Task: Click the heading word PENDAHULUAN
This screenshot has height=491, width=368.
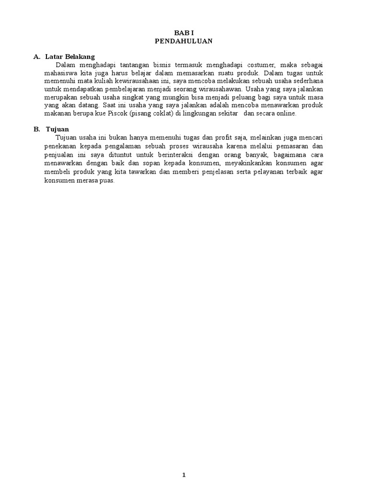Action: click(x=184, y=41)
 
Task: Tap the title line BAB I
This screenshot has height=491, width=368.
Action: click(x=184, y=33)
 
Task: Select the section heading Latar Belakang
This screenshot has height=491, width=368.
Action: click(x=70, y=57)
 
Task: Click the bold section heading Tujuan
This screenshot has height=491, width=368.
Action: click(x=58, y=129)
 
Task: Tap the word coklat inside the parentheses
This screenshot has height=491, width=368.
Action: click(x=159, y=114)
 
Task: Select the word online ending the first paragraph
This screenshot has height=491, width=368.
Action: click(x=286, y=114)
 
